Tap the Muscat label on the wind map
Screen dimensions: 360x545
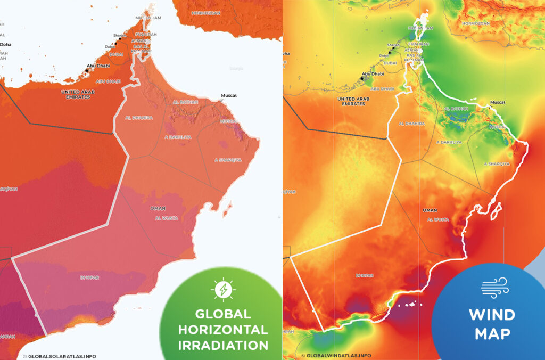(498, 102)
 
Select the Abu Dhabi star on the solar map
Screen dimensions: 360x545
(87, 70)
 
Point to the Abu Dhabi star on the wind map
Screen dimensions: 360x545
(362, 78)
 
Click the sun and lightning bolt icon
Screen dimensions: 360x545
(221, 289)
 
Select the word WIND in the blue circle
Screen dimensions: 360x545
(492, 315)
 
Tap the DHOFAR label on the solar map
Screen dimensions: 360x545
(90, 277)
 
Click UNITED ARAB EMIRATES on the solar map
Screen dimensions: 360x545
(74, 95)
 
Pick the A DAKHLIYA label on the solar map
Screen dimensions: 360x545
(177, 137)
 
